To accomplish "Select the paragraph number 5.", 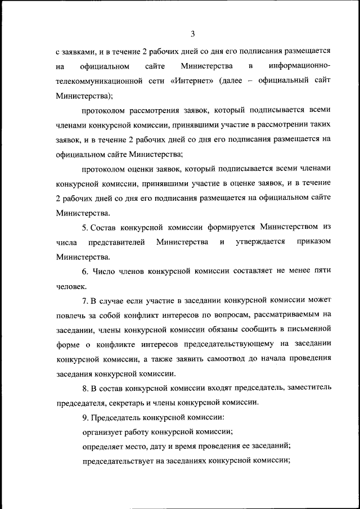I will (85, 227).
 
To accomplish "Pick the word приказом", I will (312, 242).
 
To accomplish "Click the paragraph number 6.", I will (85, 271).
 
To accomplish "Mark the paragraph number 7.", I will (85, 300).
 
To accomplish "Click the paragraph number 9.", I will (85, 417).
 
